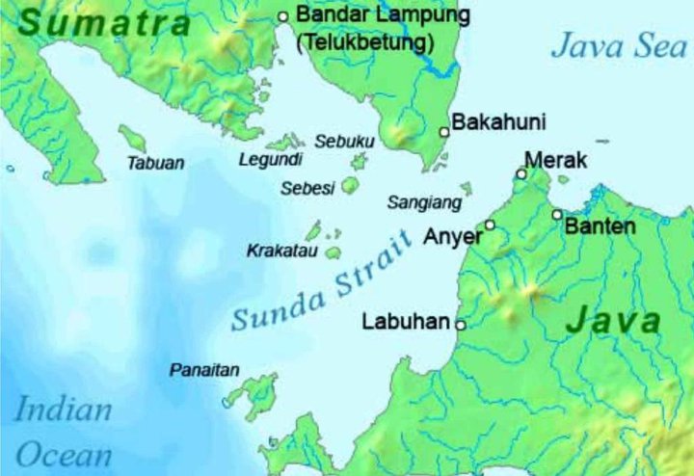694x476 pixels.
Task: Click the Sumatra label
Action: pos(104,22)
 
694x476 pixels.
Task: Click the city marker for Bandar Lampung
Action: pos(283,16)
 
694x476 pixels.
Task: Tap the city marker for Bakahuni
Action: pos(444,132)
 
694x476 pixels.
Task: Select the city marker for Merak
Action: pos(521,174)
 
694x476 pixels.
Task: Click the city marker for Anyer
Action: pos(490,225)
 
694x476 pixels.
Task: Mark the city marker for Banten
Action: pos(557,214)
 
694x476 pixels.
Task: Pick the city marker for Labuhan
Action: pos(461,326)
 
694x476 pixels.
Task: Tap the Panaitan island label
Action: pos(204,370)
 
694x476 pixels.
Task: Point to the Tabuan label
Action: pos(155,164)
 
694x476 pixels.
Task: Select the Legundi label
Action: pos(271,159)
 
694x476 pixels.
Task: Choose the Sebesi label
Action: pos(307,189)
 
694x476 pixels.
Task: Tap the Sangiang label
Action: pos(424,203)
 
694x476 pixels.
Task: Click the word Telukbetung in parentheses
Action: pos(365,43)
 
